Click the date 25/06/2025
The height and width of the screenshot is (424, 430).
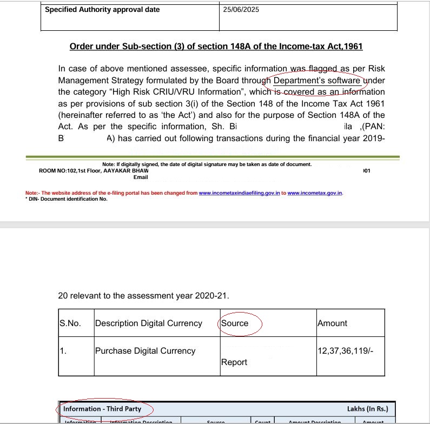[x=241, y=10]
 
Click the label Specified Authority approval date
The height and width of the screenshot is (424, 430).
[x=102, y=10]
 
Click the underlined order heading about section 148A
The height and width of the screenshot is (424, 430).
[x=216, y=47]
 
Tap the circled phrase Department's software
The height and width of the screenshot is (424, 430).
[x=317, y=81]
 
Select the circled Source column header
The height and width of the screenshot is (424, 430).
[x=235, y=323]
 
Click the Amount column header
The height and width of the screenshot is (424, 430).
[x=333, y=323]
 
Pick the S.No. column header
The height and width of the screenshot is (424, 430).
[x=70, y=323]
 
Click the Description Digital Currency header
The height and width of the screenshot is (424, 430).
[x=148, y=323]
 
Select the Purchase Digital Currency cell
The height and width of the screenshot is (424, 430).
[x=145, y=351]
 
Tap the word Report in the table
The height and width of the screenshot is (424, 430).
[x=234, y=362]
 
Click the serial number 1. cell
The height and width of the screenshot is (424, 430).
[x=63, y=351]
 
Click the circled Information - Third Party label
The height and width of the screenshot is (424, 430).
[x=102, y=408]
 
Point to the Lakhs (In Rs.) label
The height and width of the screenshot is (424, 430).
[x=367, y=409]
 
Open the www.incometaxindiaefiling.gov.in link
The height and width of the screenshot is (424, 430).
[x=239, y=193]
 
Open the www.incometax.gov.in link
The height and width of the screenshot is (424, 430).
[x=315, y=193]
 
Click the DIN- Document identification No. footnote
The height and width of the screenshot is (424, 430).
[x=67, y=199]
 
